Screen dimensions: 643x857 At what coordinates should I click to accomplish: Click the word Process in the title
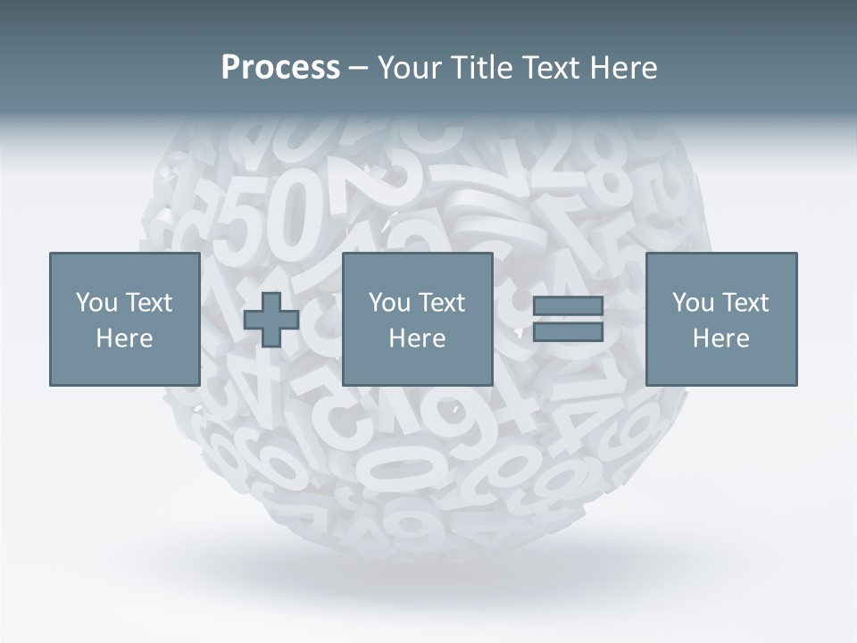(x=280, y=68)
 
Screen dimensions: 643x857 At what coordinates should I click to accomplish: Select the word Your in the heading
(x=409, y=68)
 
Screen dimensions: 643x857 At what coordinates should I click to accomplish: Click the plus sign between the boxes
(x=271, y=320)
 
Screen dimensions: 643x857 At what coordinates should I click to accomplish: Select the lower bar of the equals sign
(x=568, y=332)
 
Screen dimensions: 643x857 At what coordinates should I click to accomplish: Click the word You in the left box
(x=96, y=303)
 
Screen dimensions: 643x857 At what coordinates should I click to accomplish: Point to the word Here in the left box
(x=124, y=338)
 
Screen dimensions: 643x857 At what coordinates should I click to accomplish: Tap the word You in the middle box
(x=389, y=303)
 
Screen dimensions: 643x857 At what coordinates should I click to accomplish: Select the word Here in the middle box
(x=417, y=338)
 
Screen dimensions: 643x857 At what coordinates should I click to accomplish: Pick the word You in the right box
(x=693, y=303)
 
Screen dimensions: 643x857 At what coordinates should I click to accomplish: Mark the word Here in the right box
(x=720, y=338)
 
